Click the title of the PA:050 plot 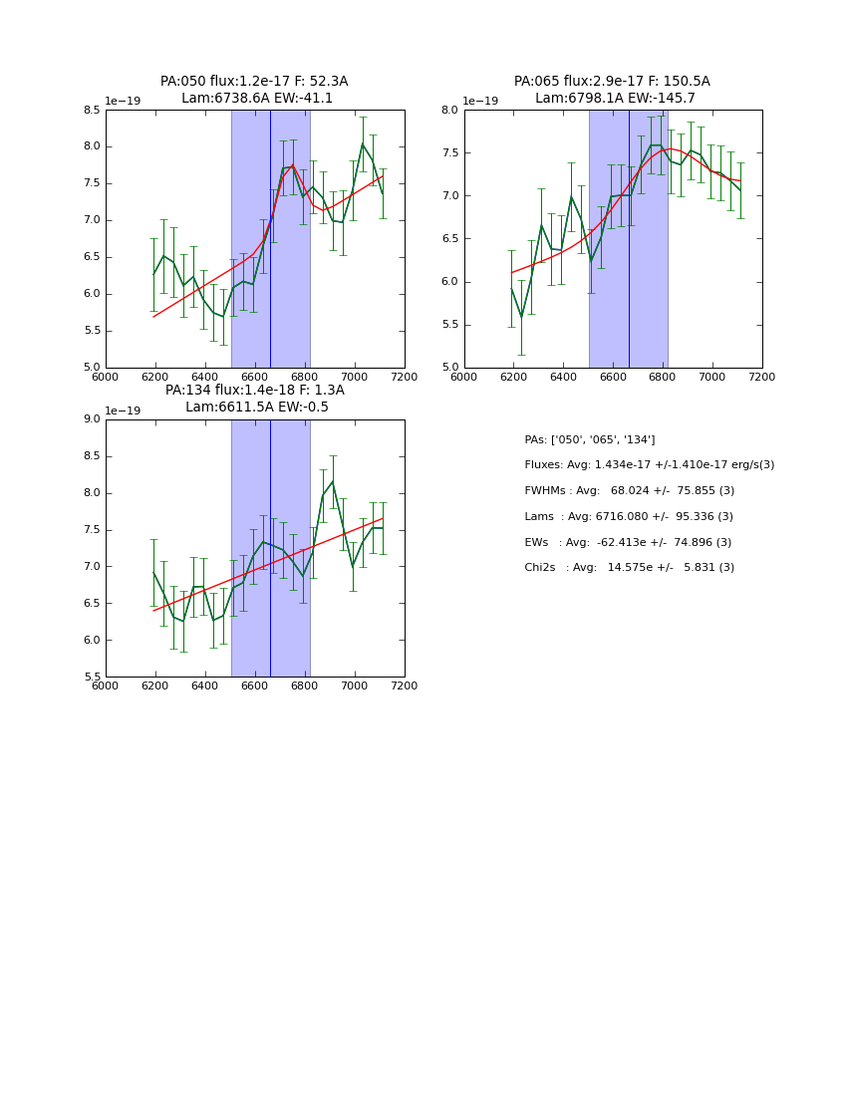(x=254, y=90)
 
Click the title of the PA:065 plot (x=612, y=90)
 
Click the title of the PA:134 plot (x=254, y=399)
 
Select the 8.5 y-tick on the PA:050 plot (x=92, y=110)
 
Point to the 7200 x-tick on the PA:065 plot (x=761, y=377)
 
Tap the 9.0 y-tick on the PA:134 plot (x=92, y=419)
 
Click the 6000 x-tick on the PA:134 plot (x=106, y=685)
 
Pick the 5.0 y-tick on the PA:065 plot (x=449, y=367)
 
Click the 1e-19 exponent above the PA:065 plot (x=480, y=101)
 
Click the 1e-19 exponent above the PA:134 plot (x=123, y=411)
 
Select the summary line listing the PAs (x=590, y=439)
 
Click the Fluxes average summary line (x=649, y=465)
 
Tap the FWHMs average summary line (x=629, y=490)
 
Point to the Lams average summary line (x=629, y=516)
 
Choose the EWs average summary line (x=629, y=542)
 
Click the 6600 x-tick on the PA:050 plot (x=255, y=377)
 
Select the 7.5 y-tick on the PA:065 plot (x=449, y=152)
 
